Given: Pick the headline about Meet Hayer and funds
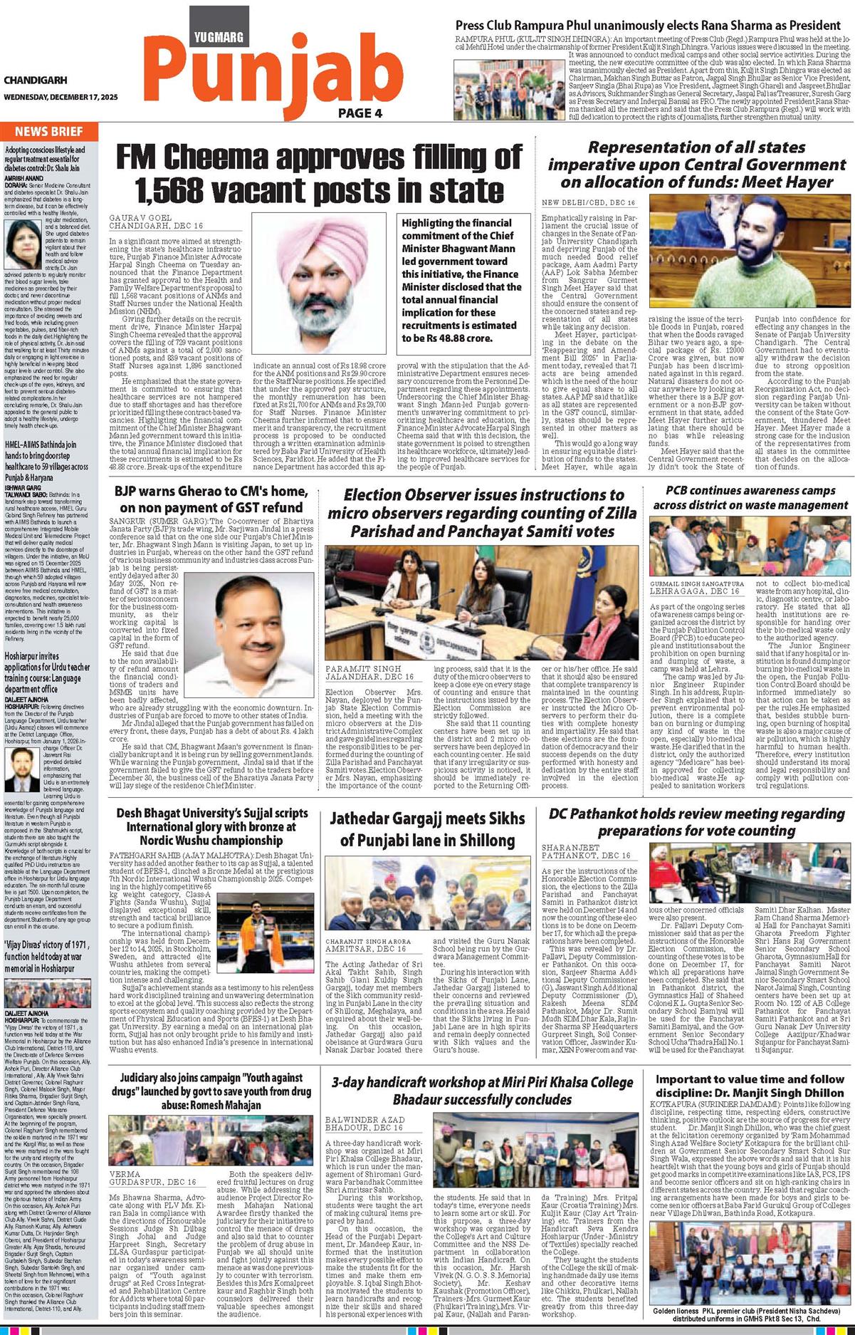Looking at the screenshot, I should click(x=696, y=165).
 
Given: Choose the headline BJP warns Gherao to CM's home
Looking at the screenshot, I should click(x=211, y=499).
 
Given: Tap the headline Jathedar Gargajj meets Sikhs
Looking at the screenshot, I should click(x=427, y=830).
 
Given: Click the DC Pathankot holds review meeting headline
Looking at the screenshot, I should click(x=696, y=822).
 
